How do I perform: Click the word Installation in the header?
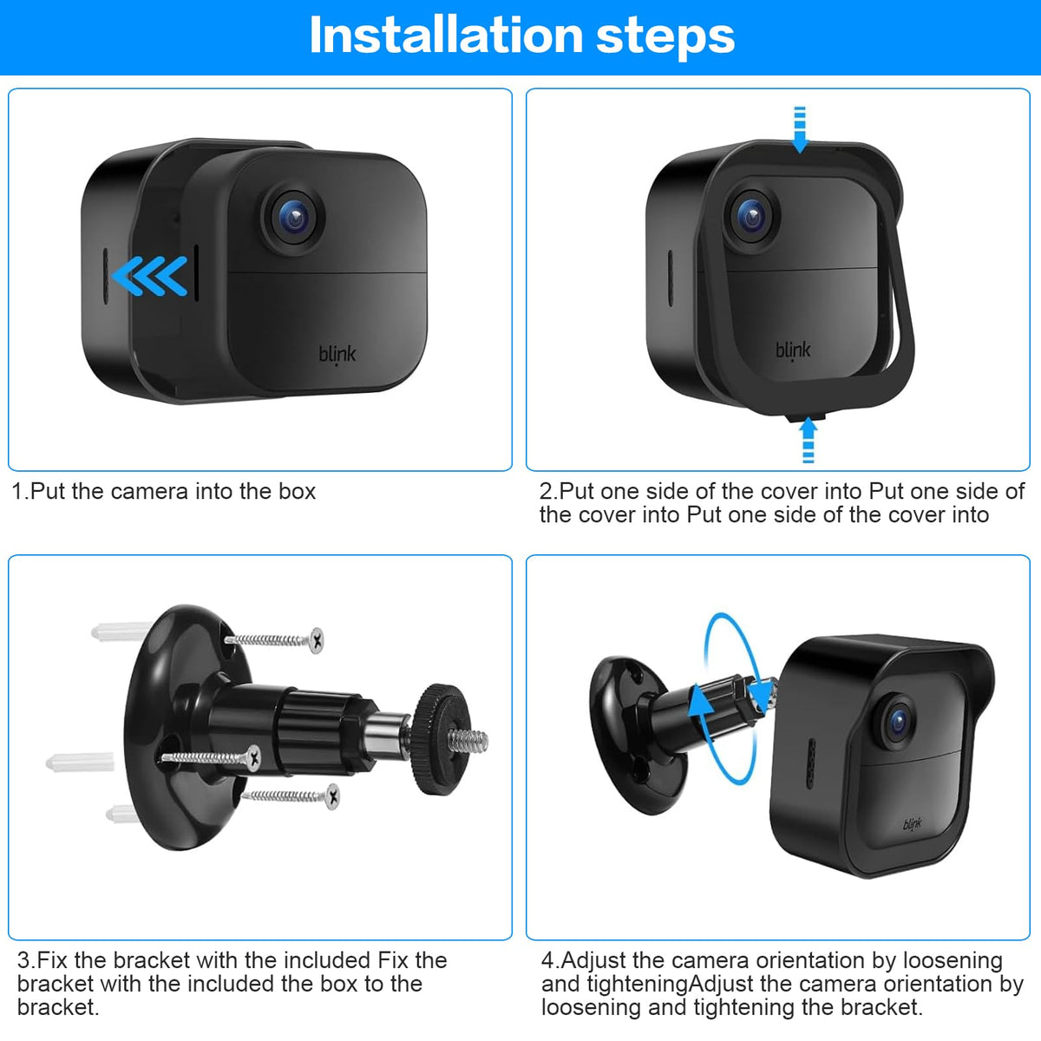(446, 35)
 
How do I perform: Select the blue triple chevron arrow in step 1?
(149, 276)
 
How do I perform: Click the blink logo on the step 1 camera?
(337, 355)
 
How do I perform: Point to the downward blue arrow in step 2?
(800, 129)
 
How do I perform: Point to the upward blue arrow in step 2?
(809, 440)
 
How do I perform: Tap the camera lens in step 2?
(751, 217)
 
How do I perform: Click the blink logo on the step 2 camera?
(793, 350)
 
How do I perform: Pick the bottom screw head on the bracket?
(333, 796)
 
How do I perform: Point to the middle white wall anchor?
(80, 763)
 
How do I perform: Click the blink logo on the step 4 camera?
(913, 824)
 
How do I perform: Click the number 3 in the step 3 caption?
(23, 960)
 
